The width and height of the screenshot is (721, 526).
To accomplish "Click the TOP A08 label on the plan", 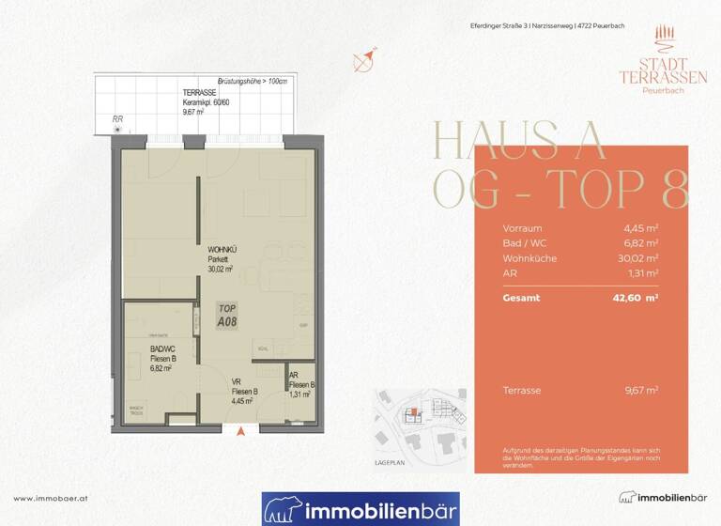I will [226, 315].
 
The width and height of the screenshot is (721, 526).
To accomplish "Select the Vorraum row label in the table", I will [522, 227].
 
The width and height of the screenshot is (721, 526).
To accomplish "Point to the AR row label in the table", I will [510, 271].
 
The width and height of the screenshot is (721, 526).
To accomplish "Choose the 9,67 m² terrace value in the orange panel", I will [642, 390].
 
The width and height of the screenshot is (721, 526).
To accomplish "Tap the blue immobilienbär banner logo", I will [360, 509].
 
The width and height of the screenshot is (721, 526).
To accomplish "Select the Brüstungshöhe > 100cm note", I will [253, 82].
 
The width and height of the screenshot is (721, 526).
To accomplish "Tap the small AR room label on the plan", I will [294, 375].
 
